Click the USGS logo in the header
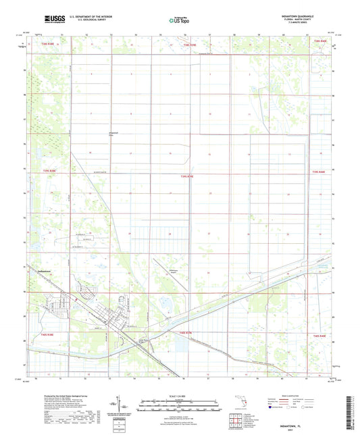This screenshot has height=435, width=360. point(51,19)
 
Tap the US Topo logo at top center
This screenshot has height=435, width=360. point(179,20)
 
